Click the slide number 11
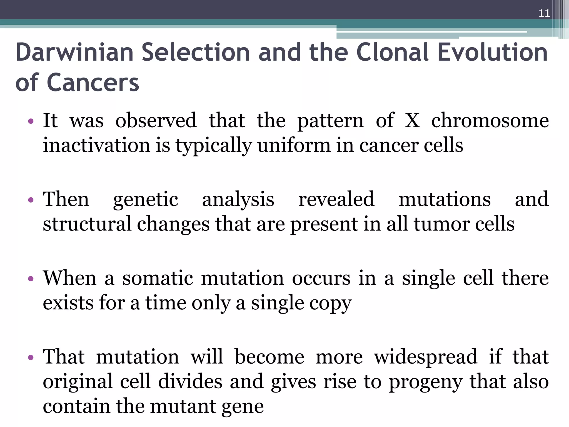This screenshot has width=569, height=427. tap(544, 13)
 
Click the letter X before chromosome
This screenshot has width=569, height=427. tap(412, 121)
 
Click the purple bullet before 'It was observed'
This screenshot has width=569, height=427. tap(31, 121)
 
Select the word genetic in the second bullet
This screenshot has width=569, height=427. tap(145, 200)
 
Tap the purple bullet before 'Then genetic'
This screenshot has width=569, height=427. tap(31, 200)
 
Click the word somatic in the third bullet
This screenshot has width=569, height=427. tap(158, 278)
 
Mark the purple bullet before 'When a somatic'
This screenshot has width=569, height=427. tap(31, 279)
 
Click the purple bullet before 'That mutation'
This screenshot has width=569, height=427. tap(31, 358)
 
